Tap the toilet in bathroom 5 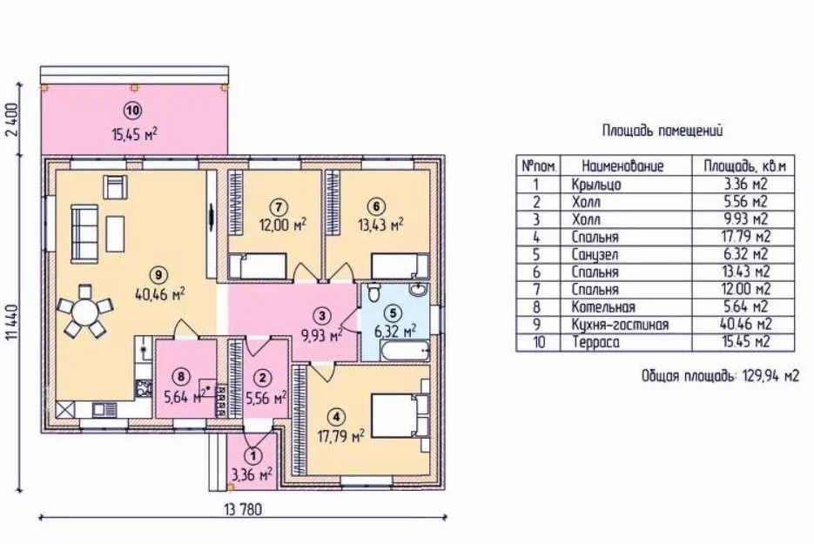374,292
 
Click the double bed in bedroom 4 398,417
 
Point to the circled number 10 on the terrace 132,111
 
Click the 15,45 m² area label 134,133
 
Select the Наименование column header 622,165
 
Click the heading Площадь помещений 663,131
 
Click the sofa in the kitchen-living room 84,227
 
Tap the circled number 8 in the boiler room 180,376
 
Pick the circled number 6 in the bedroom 374,207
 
